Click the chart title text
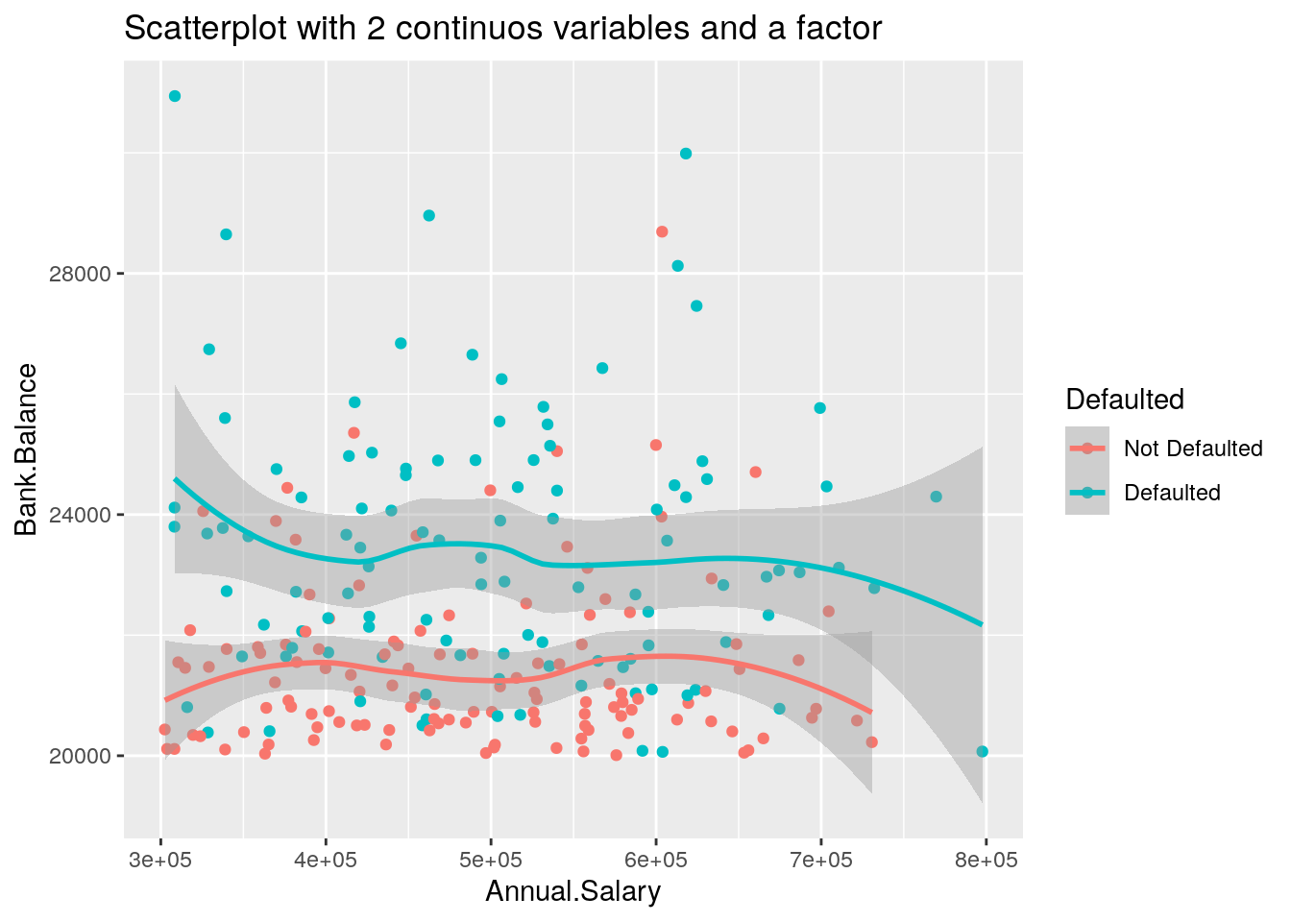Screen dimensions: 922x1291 (502, 29)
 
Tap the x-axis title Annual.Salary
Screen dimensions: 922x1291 (572, 892)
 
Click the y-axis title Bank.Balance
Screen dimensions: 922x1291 (27, 449)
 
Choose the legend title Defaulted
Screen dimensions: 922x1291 (1124, 400)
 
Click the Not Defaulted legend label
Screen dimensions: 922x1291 (1193, 449)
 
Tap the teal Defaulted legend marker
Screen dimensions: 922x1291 (1087, 493)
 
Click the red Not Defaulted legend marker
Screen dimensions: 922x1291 (1087, 449)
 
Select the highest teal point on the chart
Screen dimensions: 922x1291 (175, 96)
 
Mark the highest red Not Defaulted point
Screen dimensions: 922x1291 (662, 231)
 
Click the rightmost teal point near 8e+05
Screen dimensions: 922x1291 (982, 752)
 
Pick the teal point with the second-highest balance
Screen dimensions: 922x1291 (686, 154)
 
